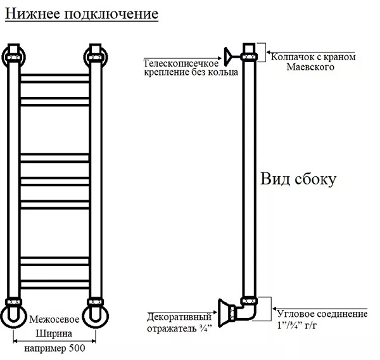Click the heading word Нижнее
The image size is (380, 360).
click(x=33, y=13)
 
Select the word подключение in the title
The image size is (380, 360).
click(x=111, y=15)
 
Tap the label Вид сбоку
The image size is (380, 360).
click(x=298, y=179)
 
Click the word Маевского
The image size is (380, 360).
click(x=310, y=67)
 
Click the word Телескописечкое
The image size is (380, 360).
click(x=181, y=63)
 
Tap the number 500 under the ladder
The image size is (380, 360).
click(x=77, y=348)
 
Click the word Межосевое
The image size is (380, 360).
click(x=54, y=319)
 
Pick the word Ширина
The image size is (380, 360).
click(x=54, y=334)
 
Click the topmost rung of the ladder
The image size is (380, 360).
click(x=54, y=79)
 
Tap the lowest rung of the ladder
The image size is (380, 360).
click(x=54, y=285)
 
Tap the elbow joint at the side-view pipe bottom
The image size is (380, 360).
click(x=248, y=311)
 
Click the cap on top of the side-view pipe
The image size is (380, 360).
click(x=249, y=52)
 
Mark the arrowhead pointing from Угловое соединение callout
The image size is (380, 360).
click(x=275, y=309)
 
